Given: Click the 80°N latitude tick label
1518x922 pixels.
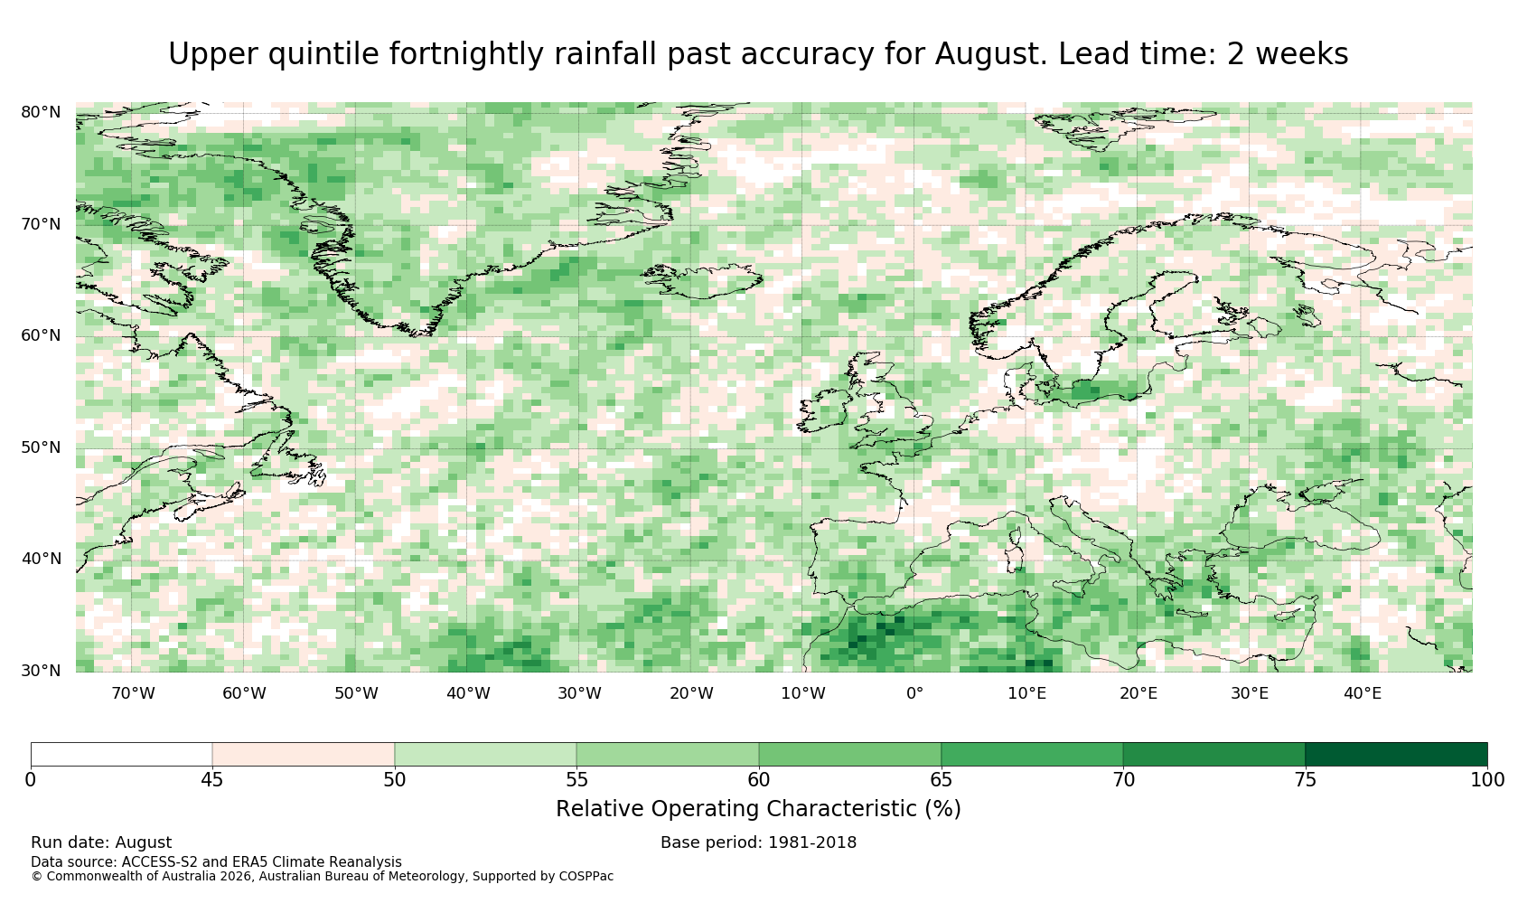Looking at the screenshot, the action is point(41,112).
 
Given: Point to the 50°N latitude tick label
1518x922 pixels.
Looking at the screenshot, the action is point(41,447).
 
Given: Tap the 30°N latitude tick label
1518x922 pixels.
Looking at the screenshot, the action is point(41,671).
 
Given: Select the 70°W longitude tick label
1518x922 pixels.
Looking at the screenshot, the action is point(134,693).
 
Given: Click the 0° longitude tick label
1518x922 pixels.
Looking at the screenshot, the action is point(914,693).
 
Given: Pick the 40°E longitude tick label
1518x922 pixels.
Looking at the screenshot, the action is point(1363,693).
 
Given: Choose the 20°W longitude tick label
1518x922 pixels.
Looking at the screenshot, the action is point(691,693).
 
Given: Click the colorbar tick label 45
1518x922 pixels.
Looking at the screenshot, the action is point(212,780).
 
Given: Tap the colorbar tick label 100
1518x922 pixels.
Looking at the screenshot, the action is point(1487,780).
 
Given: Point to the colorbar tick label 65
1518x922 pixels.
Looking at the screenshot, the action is point(941,780).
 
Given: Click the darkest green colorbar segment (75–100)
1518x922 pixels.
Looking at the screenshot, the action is point(1396,755).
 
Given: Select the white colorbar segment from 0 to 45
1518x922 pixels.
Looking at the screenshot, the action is point(121,755).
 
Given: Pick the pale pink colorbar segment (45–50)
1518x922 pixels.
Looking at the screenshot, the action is point(304,755).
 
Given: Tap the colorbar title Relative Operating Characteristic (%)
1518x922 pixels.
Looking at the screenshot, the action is point(758,809).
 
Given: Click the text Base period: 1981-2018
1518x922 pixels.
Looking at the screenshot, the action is point(758,842).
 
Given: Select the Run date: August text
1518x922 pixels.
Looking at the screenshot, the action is point(101,842).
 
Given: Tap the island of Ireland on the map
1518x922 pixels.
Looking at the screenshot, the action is point(822,410).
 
